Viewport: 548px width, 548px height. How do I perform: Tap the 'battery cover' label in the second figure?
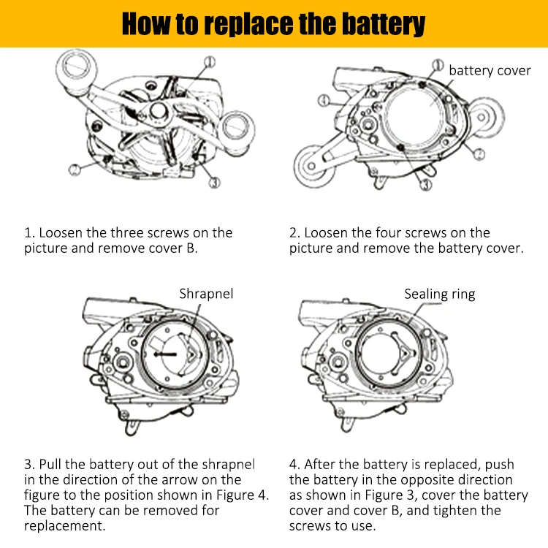[490, 71]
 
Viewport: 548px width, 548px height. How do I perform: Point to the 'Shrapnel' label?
[207, 294]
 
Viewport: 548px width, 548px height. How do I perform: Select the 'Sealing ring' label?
[440, 294]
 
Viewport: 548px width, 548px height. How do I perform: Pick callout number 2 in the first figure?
[75, 170]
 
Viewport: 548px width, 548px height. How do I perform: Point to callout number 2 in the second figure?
[478, 153]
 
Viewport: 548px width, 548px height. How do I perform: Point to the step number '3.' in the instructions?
[29, 465]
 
